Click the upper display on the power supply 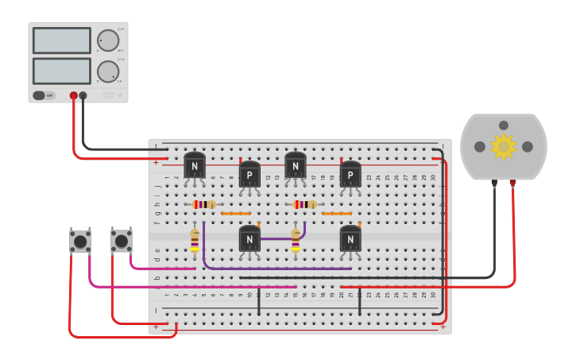click(62, 41)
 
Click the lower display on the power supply click(62, 71)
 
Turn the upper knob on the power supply click(108, 41)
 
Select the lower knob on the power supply click(108, 72)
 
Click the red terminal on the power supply click(74, 95)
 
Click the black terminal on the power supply click(83, 95)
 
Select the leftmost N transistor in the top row click(195, 166)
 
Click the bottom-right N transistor click(350, 238)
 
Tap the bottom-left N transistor click(249, 238)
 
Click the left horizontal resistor click(204, 204)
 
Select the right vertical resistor click(296, 240)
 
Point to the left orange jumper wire click(236, 214)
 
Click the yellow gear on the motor click(503, 146)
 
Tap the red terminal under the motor click(512, 183)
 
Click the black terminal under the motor click(494, 183)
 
